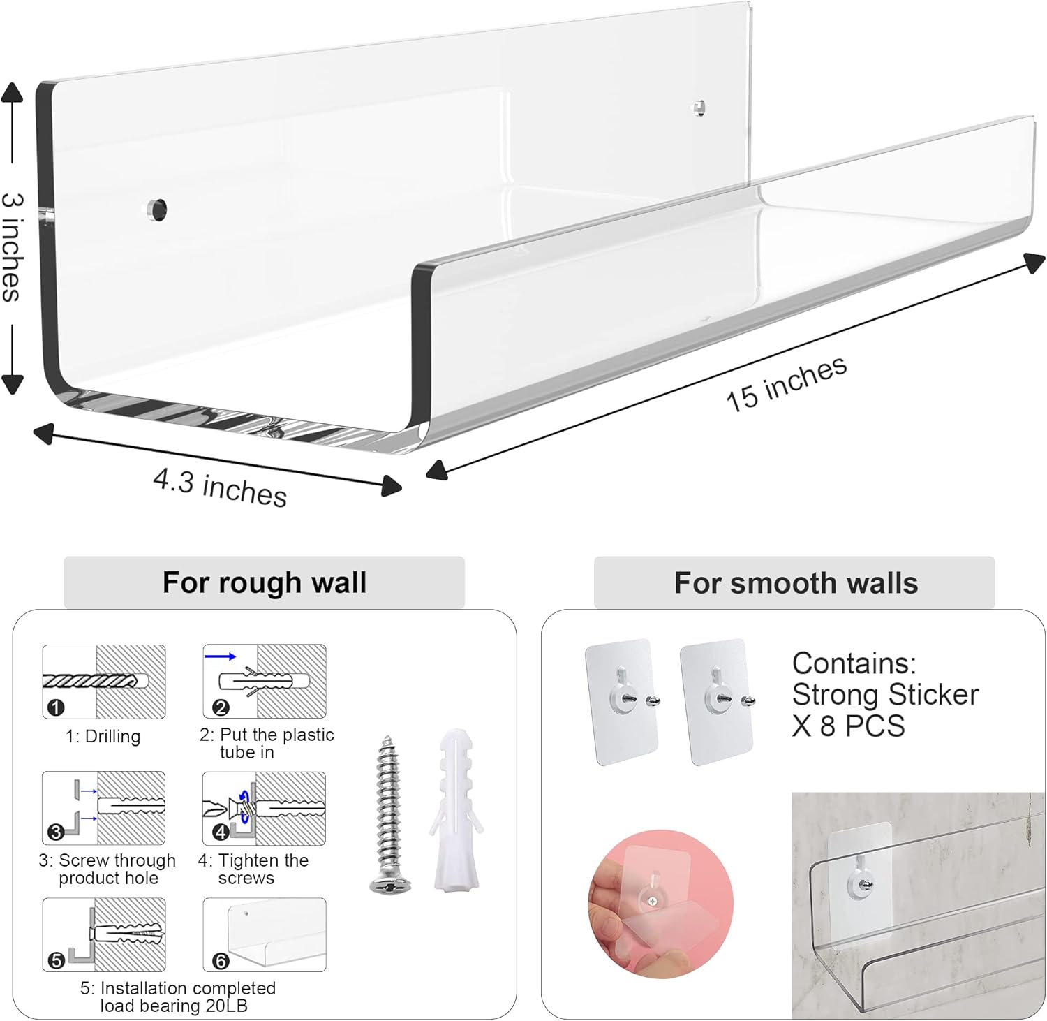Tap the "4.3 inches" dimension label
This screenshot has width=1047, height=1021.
220,487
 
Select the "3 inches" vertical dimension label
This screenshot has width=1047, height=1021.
13,247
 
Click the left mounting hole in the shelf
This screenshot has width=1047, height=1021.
157,210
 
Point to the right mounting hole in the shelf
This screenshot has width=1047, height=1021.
698,108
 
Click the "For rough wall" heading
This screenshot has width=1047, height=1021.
264,582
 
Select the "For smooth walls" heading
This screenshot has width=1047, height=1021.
795,582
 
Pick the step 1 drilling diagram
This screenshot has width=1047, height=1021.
104,682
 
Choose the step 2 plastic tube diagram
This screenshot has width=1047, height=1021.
265,682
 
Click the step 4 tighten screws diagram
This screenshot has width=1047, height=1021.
265,809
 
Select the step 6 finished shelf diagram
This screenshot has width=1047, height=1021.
265,934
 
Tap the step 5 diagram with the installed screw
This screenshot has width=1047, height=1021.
104,934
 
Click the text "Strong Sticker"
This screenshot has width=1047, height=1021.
885,695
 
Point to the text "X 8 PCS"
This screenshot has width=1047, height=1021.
848,726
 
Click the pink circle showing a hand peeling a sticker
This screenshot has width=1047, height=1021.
660,904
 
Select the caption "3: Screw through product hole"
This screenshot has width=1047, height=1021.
107,869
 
